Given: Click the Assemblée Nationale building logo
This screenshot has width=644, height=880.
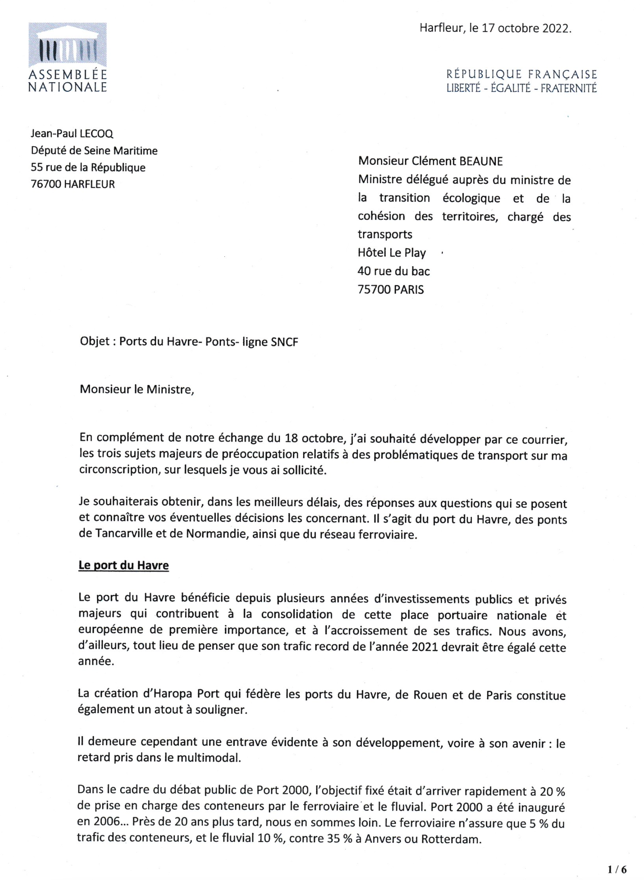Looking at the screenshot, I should click(67, 45).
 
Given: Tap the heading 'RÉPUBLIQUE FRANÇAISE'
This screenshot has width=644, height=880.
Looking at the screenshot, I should click(521, 74).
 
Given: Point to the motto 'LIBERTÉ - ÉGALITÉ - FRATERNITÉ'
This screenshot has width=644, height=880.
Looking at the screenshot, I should click(521, 88).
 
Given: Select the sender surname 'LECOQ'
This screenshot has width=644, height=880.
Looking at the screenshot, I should click(96, 134).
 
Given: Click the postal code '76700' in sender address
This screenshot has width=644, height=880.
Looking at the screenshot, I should click(46, 184).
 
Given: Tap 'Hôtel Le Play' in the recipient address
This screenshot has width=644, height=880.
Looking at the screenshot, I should click(392, 253).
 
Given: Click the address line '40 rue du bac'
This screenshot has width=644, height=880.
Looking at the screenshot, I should click(393, 271).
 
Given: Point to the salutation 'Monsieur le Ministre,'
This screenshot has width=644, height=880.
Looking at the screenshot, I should click(137, 389).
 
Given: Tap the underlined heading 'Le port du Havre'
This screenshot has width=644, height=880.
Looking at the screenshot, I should click(124, 566).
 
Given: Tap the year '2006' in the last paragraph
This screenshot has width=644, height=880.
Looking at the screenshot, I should click(106, 822).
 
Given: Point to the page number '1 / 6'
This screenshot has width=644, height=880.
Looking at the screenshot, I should click(617, 869).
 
